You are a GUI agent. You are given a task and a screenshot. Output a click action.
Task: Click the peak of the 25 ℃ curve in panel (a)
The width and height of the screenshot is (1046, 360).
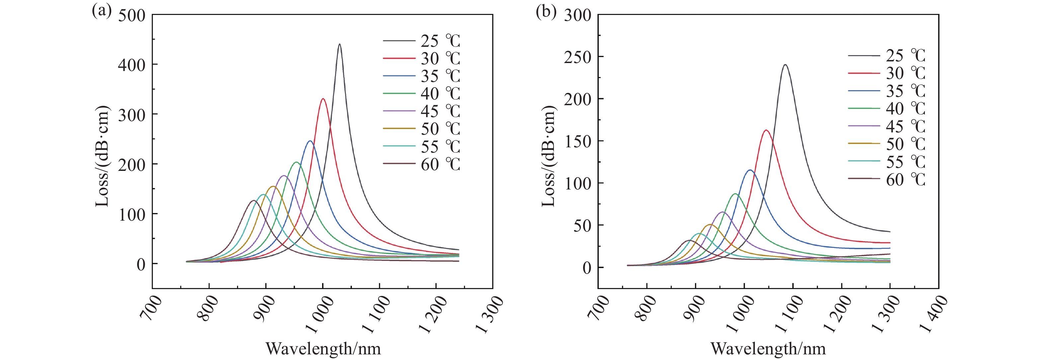339,45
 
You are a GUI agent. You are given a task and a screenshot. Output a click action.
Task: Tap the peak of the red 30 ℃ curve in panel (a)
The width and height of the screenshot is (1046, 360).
323,99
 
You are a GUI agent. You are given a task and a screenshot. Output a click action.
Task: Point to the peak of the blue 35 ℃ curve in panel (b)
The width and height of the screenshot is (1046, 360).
749,170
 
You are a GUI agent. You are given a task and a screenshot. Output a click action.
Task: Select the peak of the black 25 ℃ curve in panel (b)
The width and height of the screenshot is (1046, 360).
785,65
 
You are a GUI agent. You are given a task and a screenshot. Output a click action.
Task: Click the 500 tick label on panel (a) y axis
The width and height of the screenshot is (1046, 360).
131,16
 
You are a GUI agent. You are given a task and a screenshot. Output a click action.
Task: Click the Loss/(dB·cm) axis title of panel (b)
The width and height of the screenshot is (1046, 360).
548,156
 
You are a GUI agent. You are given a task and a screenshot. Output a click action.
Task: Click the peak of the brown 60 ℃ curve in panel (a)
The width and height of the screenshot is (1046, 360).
254,200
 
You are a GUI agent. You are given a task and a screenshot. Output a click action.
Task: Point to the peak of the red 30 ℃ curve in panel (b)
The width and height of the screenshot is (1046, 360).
766,130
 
